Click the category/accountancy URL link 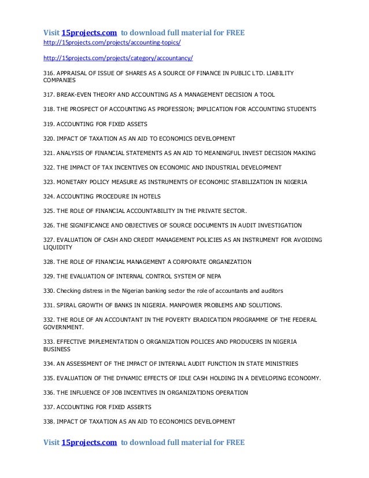click(x=119, y=60)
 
